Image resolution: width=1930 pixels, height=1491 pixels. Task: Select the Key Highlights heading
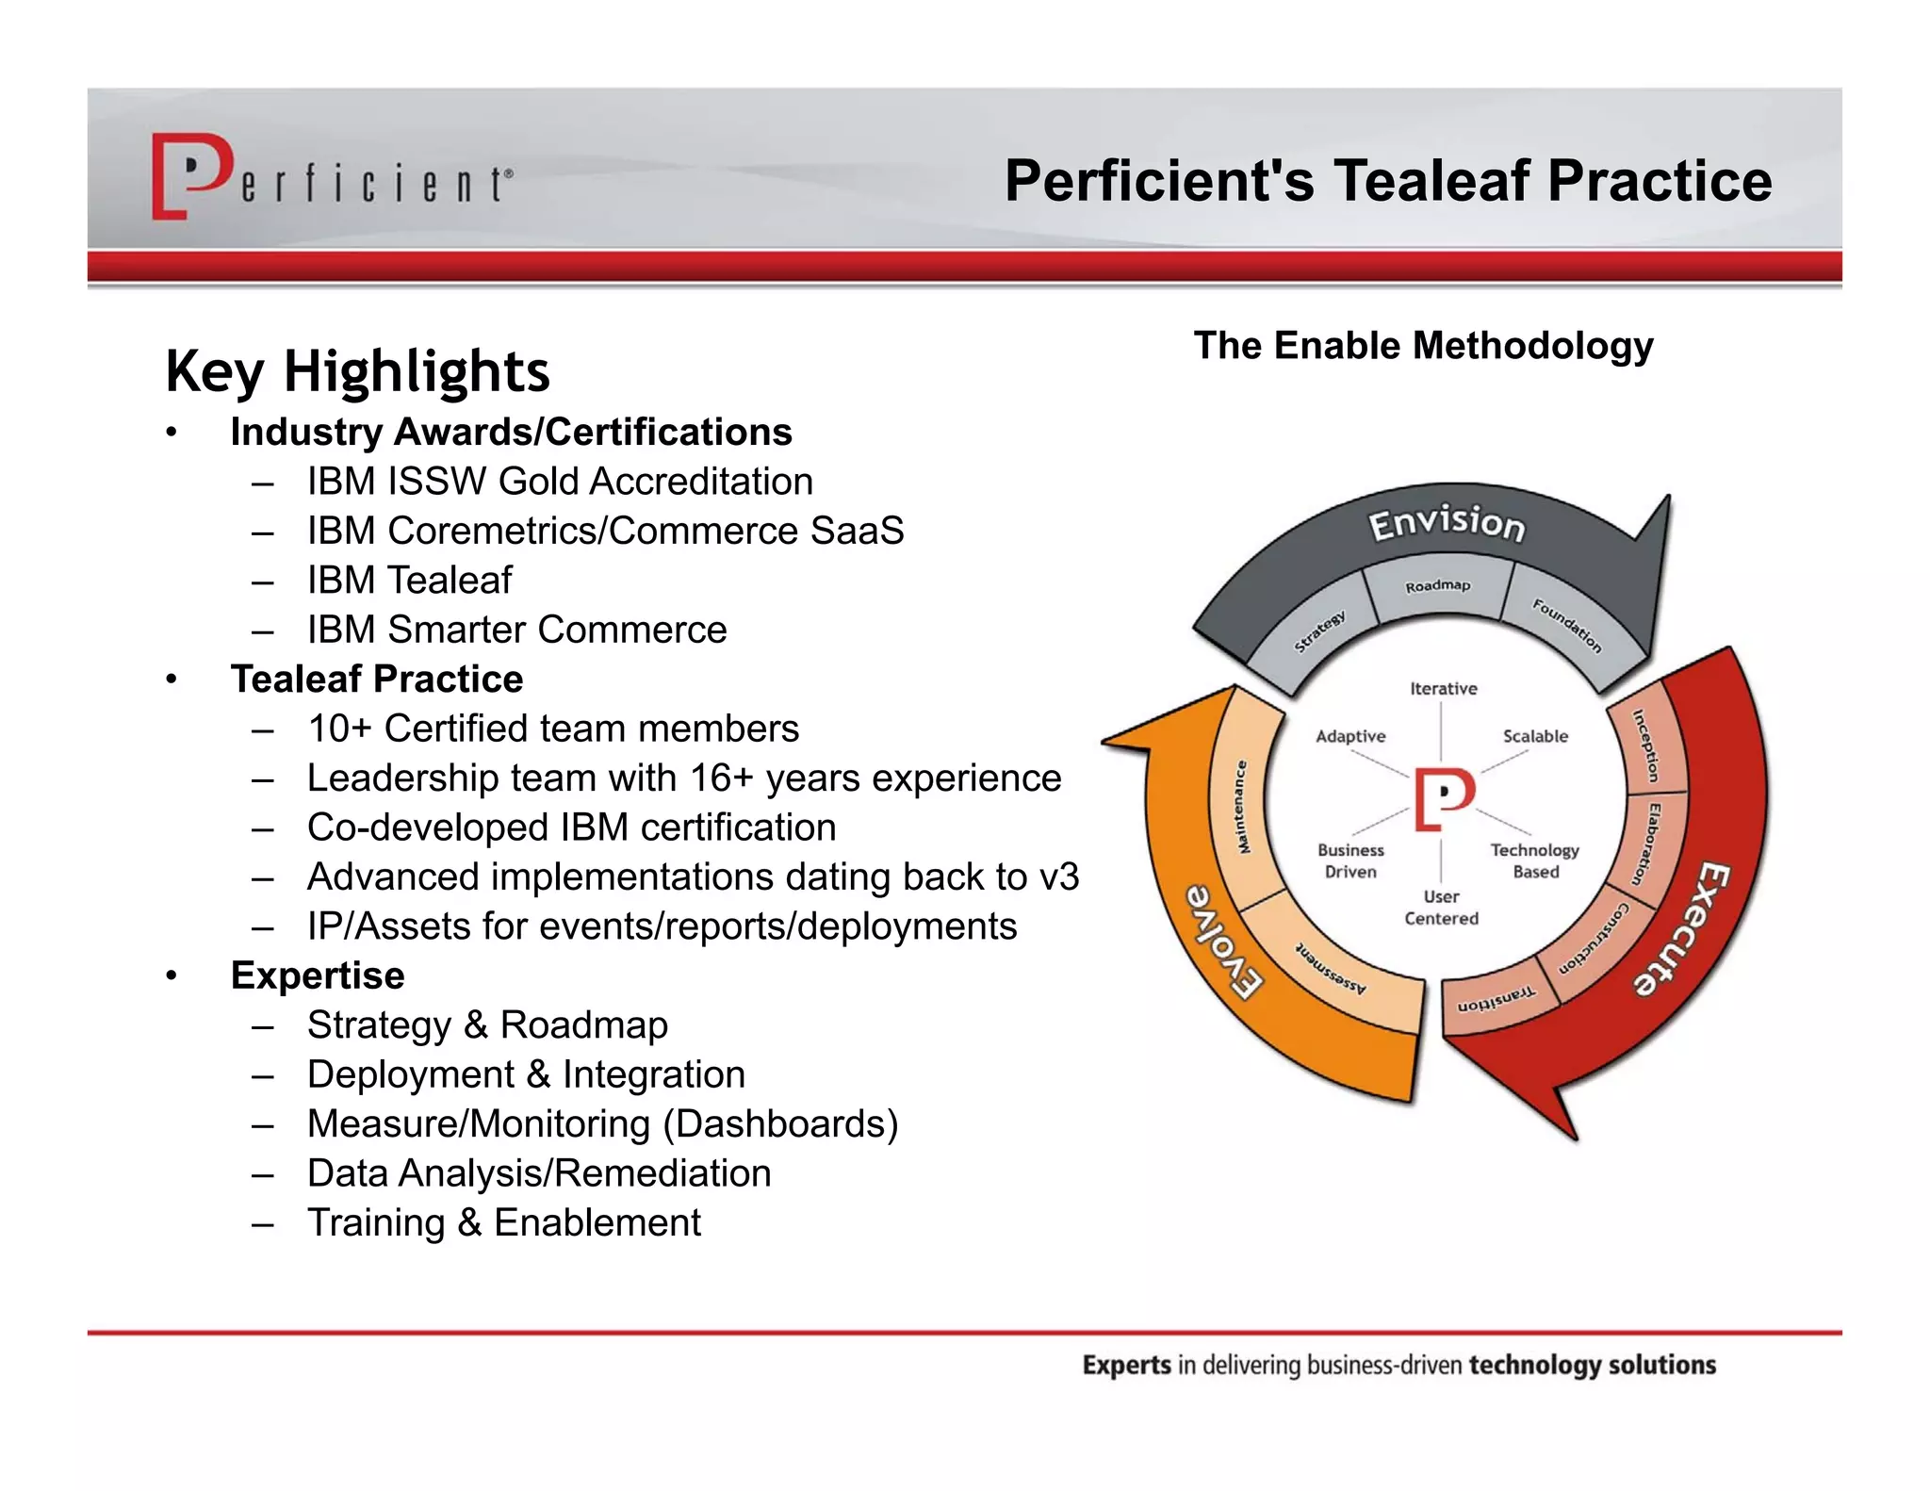357,371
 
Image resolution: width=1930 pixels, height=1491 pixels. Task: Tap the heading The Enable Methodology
1423,346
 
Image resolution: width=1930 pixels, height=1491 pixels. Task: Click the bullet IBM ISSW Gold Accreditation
560,482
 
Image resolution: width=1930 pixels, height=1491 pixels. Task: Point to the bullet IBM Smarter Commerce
516,630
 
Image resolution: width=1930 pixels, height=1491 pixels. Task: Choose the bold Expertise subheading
318,975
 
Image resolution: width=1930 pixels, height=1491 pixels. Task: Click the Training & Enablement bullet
504,1223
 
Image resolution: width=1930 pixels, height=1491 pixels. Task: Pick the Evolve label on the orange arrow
1223,940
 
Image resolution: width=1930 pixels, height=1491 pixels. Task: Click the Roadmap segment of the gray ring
1437,586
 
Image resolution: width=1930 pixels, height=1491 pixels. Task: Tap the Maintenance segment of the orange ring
1242,807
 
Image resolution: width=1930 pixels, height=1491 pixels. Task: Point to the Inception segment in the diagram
1645,745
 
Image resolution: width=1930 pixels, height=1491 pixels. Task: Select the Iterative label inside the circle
1443,689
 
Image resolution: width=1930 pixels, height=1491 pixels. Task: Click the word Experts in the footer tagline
1126,1366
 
